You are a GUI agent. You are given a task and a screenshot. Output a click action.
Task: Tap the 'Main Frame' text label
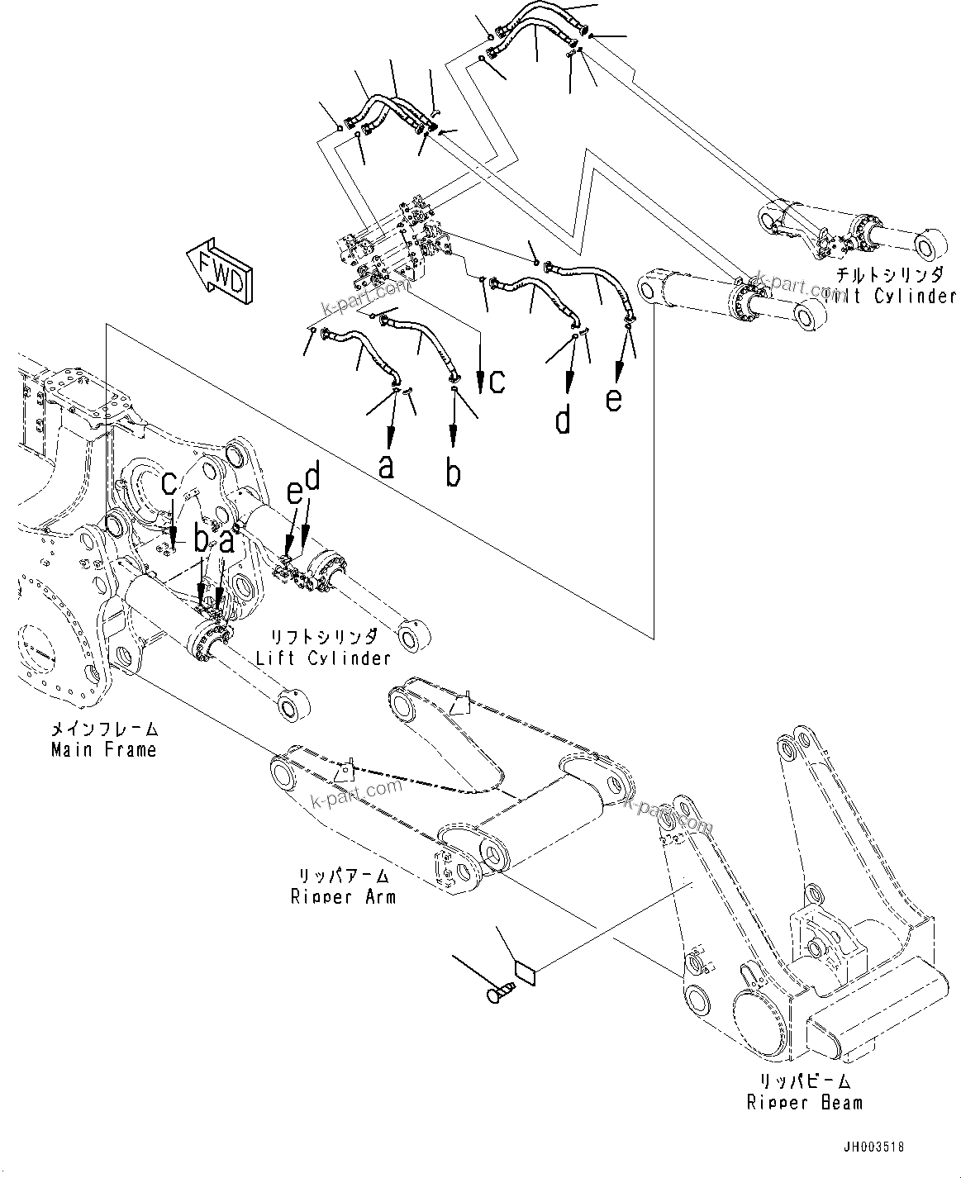point(103,750)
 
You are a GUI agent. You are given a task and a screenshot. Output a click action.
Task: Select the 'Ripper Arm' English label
point(343,896)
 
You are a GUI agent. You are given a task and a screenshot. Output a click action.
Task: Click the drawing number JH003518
point(873,1147)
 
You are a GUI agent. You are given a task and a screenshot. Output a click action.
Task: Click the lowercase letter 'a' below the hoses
point(386,467)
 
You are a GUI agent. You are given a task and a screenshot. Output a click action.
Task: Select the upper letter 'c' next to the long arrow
point(496,381)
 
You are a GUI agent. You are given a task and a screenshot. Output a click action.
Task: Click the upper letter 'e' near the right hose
point(613,399)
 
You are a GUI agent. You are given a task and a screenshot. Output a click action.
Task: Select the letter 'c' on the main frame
point(169,482)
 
